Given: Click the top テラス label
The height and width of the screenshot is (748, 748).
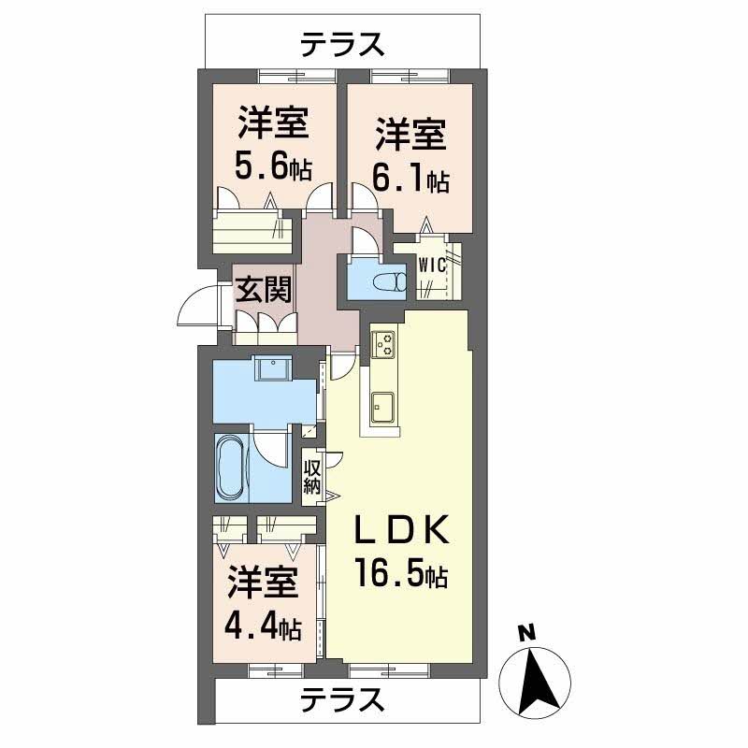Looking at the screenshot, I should (x=343, y=44).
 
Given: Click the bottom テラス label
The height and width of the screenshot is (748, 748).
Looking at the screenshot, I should (x=343, y=698).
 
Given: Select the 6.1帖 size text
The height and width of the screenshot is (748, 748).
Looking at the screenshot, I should (x=411, y=180).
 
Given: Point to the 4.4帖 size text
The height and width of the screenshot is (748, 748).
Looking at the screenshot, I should (x=263, y=626).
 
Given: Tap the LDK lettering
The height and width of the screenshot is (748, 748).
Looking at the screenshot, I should (x=401, y=531).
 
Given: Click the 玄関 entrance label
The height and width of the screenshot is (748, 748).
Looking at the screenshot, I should (x=263, y=290).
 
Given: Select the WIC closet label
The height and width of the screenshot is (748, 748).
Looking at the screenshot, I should (x=432, y=265).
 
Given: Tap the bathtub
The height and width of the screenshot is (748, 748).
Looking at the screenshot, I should (x=229, y=468).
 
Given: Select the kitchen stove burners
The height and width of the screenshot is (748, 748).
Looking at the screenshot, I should (x=384, y=344).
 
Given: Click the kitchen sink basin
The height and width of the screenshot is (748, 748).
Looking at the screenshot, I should (x=384, y=405).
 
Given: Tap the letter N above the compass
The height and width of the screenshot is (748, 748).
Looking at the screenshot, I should (x=526, y=632).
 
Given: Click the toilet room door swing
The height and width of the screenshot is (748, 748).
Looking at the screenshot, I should (x=366, y=239).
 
